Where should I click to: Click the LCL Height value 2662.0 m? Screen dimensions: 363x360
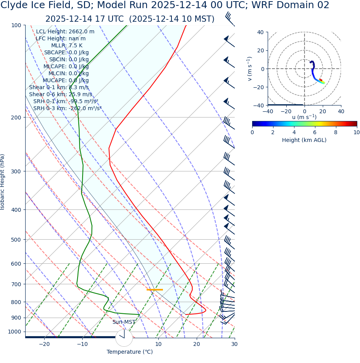81,32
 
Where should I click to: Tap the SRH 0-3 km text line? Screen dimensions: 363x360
67,109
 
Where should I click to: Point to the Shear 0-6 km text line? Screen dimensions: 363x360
61,95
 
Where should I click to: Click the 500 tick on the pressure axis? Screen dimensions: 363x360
16,240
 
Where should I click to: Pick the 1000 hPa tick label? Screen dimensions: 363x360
15,332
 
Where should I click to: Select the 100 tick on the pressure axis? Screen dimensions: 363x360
16,25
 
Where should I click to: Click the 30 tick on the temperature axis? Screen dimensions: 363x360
234,344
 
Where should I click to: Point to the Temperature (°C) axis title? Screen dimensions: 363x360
130,352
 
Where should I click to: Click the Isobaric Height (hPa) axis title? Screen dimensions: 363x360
3,182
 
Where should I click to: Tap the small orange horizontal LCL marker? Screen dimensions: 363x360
154,290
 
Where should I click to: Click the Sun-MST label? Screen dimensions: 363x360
124,322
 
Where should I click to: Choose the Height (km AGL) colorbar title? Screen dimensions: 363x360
304,140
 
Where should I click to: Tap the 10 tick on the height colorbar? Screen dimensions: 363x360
356,133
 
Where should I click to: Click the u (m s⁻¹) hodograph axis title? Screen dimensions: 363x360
304,117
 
